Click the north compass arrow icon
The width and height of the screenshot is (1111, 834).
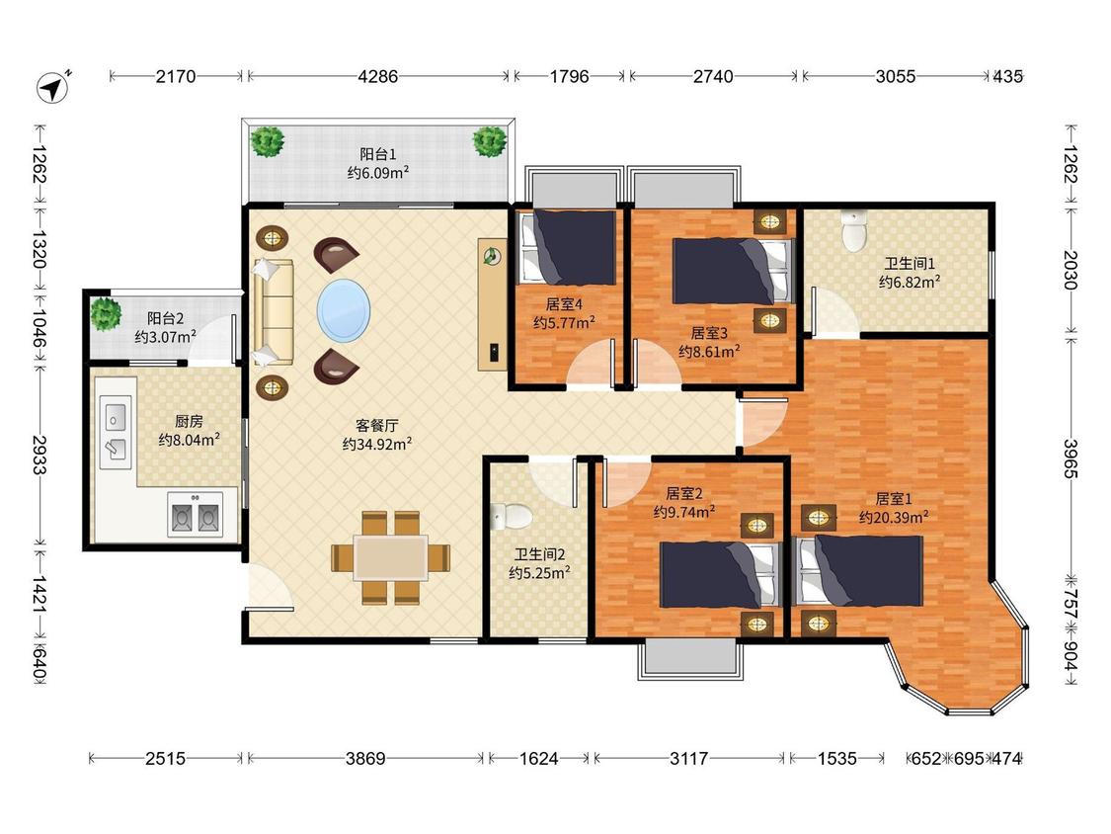tap(52, 87)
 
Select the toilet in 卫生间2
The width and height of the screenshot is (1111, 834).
tap(512, 516)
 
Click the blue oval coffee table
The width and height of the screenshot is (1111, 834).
tap(344, 310)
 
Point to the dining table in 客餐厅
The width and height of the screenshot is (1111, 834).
tap(390, 558)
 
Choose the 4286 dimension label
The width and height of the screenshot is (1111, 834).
tap(377, 76)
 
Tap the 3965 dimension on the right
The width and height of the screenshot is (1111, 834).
tap(1070, 459)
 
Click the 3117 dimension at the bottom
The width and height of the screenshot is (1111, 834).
tap(688, 759)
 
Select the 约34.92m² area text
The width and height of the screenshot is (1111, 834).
tap(377, 445)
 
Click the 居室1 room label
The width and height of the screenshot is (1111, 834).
tap(894, 499)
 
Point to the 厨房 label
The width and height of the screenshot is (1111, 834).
tap(189, 422)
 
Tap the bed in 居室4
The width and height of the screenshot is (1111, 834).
tap(568, 247)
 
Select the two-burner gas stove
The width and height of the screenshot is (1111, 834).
tap(195, 514)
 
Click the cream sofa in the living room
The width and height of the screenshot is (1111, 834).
tap(273, 312)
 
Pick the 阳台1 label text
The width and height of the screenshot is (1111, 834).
tap(377, 154)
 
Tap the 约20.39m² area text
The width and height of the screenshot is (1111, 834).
tap(894, 518)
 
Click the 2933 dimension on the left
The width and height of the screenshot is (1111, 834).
tap(40, 455)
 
